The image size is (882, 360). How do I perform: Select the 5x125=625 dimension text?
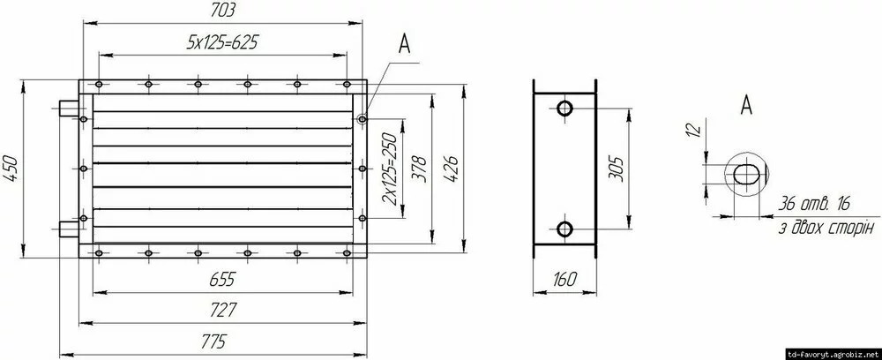(x=222, y=42)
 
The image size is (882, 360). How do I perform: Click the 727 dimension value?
(x=223, y=310)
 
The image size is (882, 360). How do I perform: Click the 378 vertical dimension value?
(x=420, y=169)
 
